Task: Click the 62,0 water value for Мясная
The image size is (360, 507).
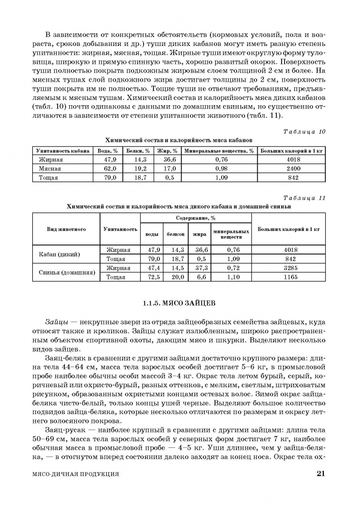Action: point(109,169)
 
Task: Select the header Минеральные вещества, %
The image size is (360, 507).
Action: point(219,151)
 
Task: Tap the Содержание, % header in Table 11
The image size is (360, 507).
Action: point(196,218)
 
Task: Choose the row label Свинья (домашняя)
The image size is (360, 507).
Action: point(66,272)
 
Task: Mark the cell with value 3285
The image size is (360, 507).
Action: point(291,268)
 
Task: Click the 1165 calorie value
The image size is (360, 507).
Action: point(291,277)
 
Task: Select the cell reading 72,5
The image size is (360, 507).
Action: point(153,277)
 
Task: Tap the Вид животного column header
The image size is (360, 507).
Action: point(66,229)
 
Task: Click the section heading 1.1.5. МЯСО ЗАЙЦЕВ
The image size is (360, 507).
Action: point(179,304)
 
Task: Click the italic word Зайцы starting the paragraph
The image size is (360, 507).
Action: point(56,323)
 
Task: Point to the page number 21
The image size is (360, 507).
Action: point(321,474)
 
